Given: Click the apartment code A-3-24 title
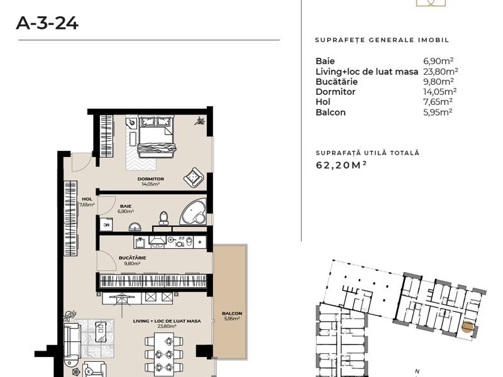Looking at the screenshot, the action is [x=47, y=23].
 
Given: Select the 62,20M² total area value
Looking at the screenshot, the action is [x=341, y=165].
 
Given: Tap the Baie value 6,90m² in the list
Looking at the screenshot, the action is [x=438, y=61].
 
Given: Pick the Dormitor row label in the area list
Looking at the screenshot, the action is [x=335, y=92].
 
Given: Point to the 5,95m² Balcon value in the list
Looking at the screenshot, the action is [x=438, y=112].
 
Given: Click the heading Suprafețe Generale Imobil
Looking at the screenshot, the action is [x=382, y=40].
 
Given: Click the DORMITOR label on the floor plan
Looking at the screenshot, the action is [x=150, y=179].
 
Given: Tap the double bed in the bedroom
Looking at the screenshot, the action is [x=156, y=136].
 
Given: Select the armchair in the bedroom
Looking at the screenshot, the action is [x=194, y=177].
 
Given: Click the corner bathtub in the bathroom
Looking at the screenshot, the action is [x=194, y=212].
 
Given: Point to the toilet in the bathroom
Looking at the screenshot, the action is [x=163, y=218].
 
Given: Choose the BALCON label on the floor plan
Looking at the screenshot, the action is [x=232, y=313].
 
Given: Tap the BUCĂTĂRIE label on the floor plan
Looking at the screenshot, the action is [x=132, y=258].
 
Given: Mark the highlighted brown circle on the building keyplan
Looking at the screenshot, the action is [x=467, y=327].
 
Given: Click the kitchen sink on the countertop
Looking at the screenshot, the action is [x=140, y=242].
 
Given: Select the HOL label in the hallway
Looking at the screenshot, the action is [x=87, y=199].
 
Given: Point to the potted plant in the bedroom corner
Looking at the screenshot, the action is [x=199, y=121].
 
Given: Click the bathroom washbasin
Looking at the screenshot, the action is [x=135, y=227].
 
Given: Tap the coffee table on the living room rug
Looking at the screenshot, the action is [x=101, y=332].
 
